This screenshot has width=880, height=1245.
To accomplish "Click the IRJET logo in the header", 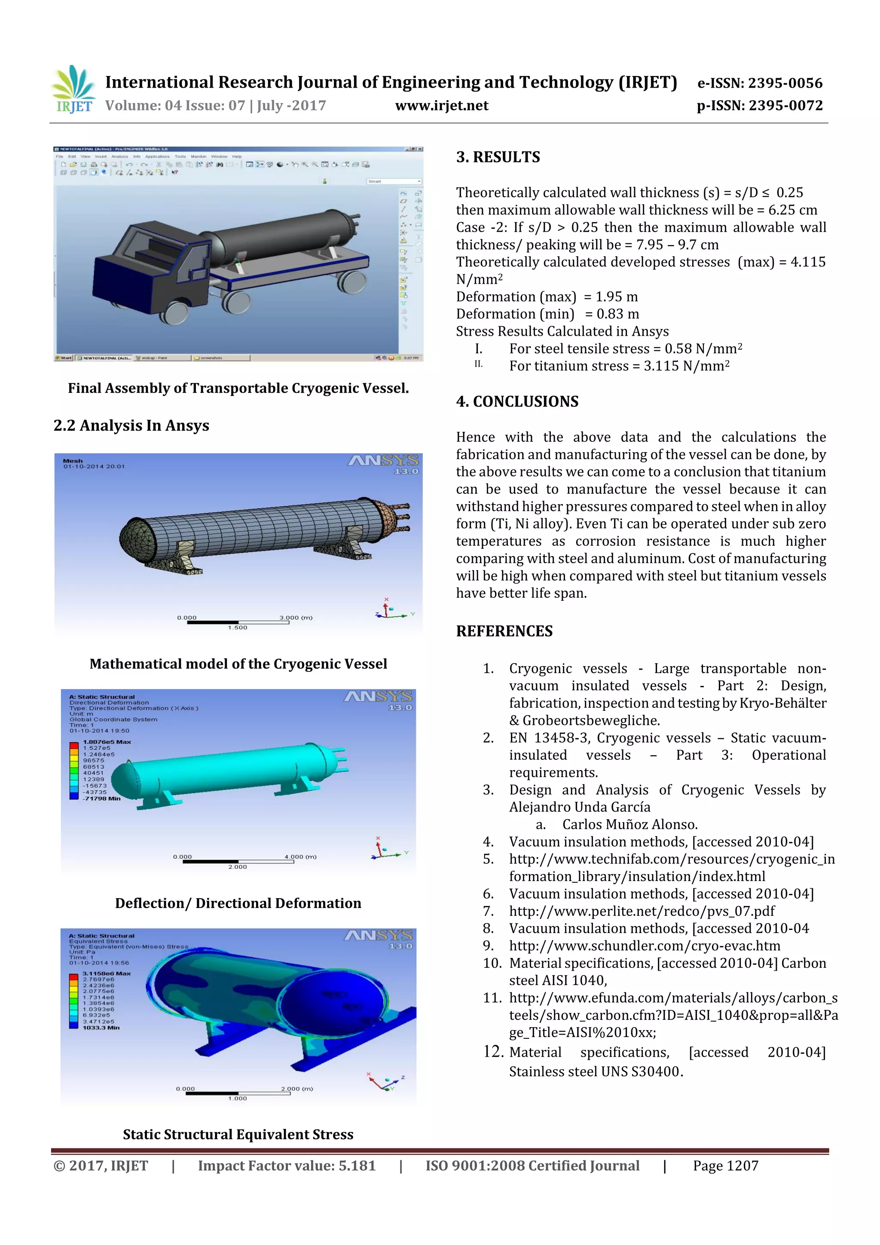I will click(74, 89).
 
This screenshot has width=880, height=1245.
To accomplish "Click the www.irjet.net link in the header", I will click(441, 106).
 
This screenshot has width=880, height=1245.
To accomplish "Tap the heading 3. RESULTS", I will click(498, 157).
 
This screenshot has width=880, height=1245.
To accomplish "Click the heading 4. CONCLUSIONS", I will click(517, 402).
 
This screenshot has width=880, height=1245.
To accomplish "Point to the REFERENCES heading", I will click(504, 631).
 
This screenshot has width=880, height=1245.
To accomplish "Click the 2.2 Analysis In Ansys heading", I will click(131, 425).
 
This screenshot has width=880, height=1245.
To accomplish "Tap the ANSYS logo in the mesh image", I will click(383, 461).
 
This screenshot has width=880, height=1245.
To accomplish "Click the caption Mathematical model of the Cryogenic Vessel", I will click(238, 664).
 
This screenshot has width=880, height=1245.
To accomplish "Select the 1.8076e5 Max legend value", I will click(107, 742).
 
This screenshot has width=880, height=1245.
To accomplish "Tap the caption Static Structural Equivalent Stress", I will click(238, 1135).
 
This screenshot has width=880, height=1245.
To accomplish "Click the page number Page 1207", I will click(725, 1166).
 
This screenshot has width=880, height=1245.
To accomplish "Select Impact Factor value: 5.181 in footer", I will click(286, 1166).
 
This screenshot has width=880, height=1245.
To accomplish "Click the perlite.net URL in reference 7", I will click(642, 912).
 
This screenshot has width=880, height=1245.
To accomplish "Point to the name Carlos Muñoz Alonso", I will click(629, 825).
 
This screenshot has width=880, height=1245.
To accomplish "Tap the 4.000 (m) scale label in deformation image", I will click(300, 857).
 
